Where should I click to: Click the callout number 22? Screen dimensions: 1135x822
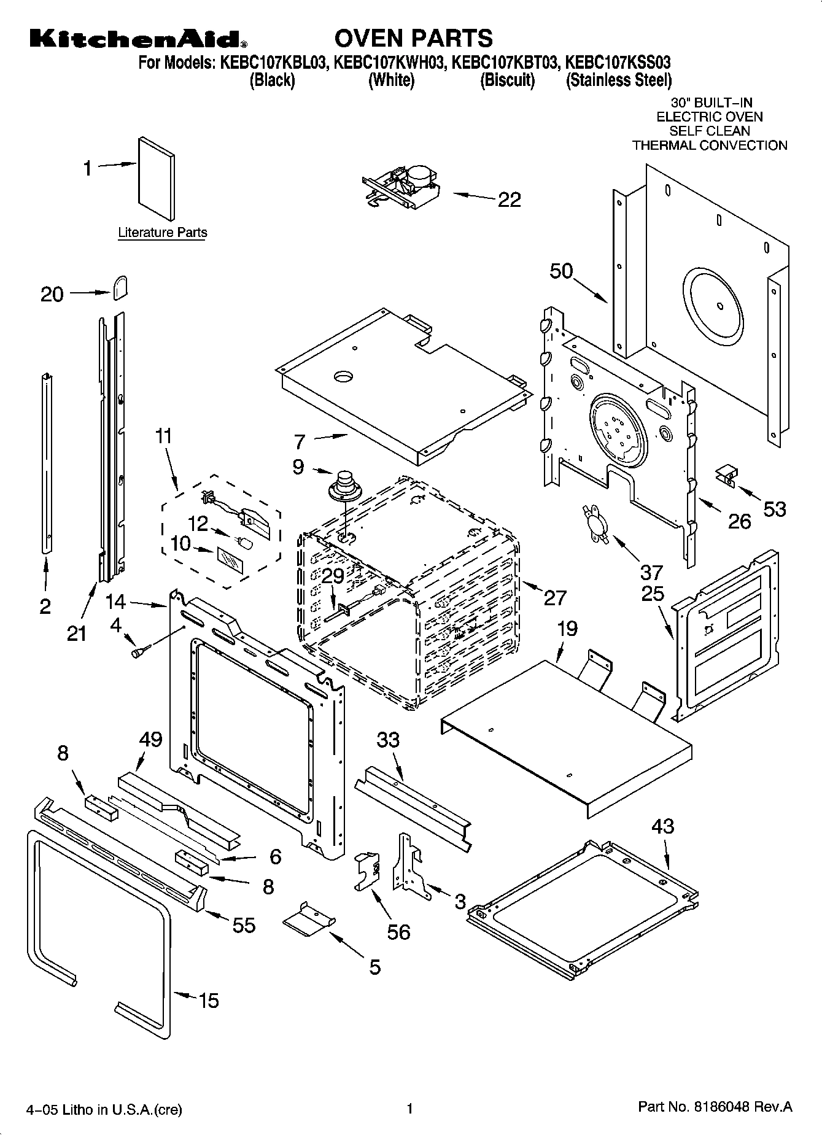[x=509, y=199]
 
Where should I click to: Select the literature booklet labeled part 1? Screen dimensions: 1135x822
[x=156, y=179]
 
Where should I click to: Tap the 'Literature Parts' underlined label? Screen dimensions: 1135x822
[x=162, y=233]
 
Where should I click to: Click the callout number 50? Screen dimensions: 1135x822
[x=560, y=271]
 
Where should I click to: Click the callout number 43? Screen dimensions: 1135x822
[x=663, y=826]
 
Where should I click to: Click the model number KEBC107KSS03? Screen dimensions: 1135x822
[x=617, y=62]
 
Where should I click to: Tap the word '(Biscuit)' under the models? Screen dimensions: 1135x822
[x=507, y=80]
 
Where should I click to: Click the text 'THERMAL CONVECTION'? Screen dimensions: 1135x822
[x=709, y=145]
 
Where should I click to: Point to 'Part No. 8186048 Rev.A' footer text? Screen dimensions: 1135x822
[x=715, y=1107]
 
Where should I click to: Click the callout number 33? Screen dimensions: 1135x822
[x=388, y=740]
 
